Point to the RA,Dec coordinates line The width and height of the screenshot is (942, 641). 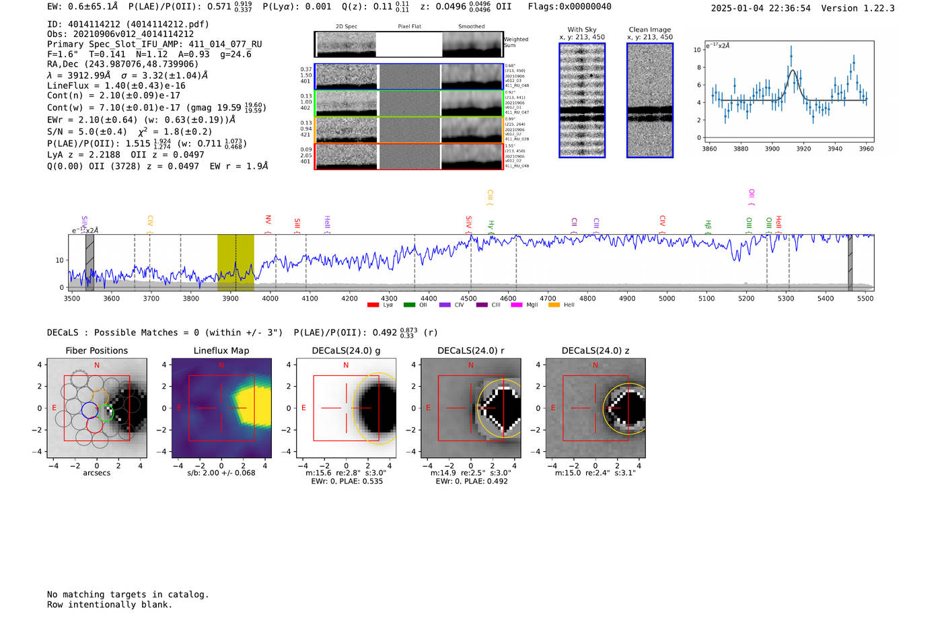(123, 65)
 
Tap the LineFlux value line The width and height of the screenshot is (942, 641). (116, 85)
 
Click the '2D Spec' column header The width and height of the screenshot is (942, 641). (347, 27)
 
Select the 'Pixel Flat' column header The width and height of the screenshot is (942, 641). (409, 27)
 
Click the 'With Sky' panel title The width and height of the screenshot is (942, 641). (582, 30)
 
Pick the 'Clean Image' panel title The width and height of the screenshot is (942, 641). (650, 30)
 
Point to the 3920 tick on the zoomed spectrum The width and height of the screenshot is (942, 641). (803, 149)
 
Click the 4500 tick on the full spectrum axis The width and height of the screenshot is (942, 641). (469, 299)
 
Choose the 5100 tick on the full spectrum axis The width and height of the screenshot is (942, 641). (706, 299)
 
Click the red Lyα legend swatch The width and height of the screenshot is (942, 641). (373, 305)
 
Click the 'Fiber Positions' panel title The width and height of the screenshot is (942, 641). (97, 350)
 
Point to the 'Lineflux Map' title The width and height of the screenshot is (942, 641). (221, 350)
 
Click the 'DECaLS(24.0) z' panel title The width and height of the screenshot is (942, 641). (595, 350)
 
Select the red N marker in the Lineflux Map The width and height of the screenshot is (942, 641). (221, 365)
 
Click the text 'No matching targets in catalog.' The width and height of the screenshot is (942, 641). (128, 595)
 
